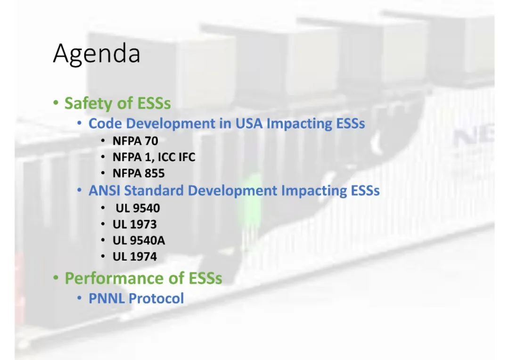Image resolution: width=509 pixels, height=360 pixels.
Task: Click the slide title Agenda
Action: point(97,54)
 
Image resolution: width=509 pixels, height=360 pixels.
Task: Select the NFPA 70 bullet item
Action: point(135,141)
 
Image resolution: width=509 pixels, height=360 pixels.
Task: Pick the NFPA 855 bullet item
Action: point(139,173)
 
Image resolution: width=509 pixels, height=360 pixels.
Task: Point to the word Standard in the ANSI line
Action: point(154,190)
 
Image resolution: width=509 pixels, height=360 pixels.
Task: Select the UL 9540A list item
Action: point(139,240)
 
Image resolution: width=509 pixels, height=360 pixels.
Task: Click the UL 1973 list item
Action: point(134,224)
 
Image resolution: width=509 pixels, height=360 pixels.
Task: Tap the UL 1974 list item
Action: point(134,257)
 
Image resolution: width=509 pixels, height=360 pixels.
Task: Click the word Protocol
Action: point(156,299)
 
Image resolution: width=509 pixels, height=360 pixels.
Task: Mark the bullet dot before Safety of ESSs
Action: point(56,103)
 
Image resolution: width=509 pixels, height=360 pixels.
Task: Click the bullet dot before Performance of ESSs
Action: point(56,278)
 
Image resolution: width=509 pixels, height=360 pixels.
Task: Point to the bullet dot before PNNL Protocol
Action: point(80,298)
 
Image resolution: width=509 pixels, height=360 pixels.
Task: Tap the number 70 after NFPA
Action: point(151,141)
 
